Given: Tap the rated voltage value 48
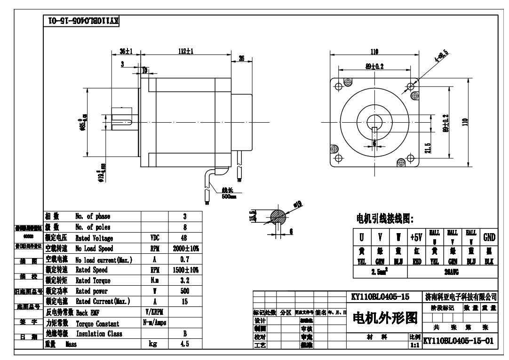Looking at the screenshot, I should [185, 238].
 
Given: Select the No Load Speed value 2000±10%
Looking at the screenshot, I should [185, 249].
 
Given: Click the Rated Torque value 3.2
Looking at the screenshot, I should [185, 281].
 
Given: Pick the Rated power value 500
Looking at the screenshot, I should [185, 291].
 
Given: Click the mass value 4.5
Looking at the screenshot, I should [185, 344].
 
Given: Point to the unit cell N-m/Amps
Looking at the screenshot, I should [155, 323].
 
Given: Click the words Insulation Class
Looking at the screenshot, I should [99, 334].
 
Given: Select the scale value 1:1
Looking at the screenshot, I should [415, 344].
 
